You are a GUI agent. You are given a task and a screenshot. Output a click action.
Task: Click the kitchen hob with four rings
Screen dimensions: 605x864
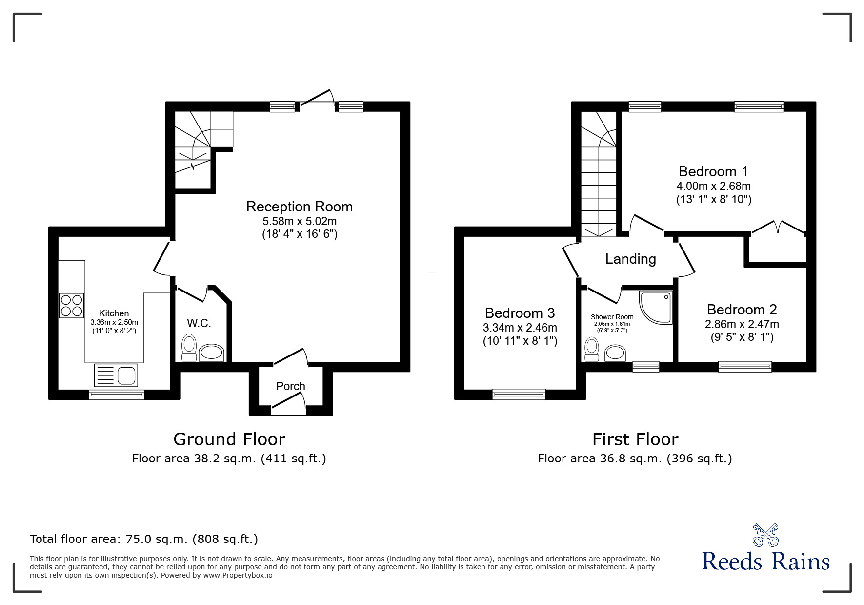pos(72,305)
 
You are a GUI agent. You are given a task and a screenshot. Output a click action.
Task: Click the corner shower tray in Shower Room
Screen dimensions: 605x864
pos(656,307)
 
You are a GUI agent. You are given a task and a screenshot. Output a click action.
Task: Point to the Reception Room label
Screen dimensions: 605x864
pos(299,207)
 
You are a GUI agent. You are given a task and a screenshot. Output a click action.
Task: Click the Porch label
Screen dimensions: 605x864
pos(290,386)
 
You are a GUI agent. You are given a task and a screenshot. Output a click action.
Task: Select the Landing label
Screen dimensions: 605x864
pos(630,259)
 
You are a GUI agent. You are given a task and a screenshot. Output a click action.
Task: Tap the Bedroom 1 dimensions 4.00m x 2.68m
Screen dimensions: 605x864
pos(713,186)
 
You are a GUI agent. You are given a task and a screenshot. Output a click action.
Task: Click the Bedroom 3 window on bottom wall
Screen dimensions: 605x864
pos(519,394)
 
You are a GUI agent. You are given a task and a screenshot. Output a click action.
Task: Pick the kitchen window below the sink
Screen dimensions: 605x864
pos(117,395)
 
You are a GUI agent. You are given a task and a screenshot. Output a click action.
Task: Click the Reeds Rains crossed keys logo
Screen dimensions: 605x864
pos(765,535)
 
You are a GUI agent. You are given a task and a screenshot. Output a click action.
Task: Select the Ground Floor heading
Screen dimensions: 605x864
pos(229,439)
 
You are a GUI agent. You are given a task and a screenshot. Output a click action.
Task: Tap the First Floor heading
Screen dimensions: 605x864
pos(635,439)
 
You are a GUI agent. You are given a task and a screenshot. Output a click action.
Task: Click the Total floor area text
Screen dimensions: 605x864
pos(144,539)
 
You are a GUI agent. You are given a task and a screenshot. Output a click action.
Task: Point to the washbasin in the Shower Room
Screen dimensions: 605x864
pos(615,354)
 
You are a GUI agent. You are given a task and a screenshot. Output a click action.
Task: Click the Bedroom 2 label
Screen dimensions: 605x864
pos(742,310)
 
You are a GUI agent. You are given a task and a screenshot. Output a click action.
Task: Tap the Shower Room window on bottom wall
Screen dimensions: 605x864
pos(645,367)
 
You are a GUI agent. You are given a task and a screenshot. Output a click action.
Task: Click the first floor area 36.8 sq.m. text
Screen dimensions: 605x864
pos(635,459)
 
